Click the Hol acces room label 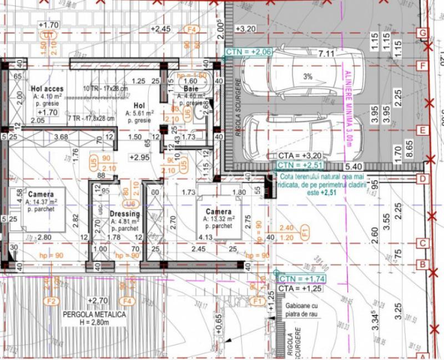click(x=47, y=88)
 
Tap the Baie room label click(x=184, y=88)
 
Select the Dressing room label click(x=125, y=214)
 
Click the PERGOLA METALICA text click(x=94, y=314)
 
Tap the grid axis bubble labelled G click(x=423, y=33)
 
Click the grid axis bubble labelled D click(x=422, y=178)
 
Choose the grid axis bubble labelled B click(x=422, y=264)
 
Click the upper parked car click(x=314, y=76)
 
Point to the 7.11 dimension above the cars click(x=326, y=54)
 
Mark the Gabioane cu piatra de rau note click(x=302, y=310)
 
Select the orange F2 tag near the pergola click(x=52, y=301)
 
